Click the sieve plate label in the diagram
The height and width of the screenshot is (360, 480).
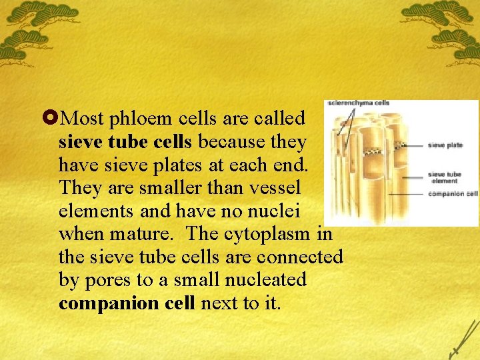coord(445,145)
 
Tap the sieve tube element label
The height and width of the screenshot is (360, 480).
coord(444,178)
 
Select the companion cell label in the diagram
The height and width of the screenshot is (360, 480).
coord(453,194)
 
